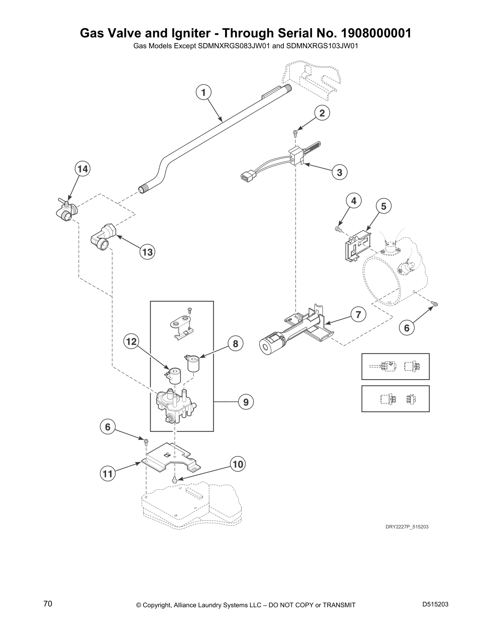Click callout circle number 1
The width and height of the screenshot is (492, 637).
[203, 92]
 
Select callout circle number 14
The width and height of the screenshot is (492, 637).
[82, 169]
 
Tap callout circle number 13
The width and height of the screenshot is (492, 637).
[148, 252]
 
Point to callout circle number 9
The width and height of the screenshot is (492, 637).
[246, 402]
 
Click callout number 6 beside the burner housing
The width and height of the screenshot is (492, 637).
[406, 328]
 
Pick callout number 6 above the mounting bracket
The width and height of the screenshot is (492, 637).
[108, 427]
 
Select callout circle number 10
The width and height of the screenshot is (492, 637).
[238, 464]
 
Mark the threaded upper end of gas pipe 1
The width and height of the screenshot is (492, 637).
[287, 89]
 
